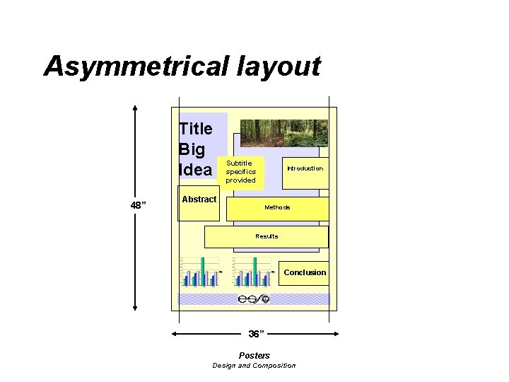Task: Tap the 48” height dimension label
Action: click(139, 206)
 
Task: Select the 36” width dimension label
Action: click(256, 333)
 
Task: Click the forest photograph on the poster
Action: click(283, 132)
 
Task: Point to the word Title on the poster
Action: click(196, 129)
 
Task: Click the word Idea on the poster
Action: click(195, 170)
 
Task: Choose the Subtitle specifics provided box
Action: click(241, 172)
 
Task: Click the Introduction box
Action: click(305, 169)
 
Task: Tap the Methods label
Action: click(277, 207)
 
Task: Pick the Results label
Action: click(267, 236)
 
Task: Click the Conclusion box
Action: click(305, 272)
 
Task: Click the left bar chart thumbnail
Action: click(201, 272)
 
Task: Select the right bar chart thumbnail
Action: click(252, 272)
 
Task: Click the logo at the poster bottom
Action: click(254, 299)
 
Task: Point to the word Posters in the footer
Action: click(254, 355)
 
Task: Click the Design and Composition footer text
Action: click(254, 365)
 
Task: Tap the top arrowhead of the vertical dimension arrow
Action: click(135, 109)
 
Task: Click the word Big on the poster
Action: click(192, 150)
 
